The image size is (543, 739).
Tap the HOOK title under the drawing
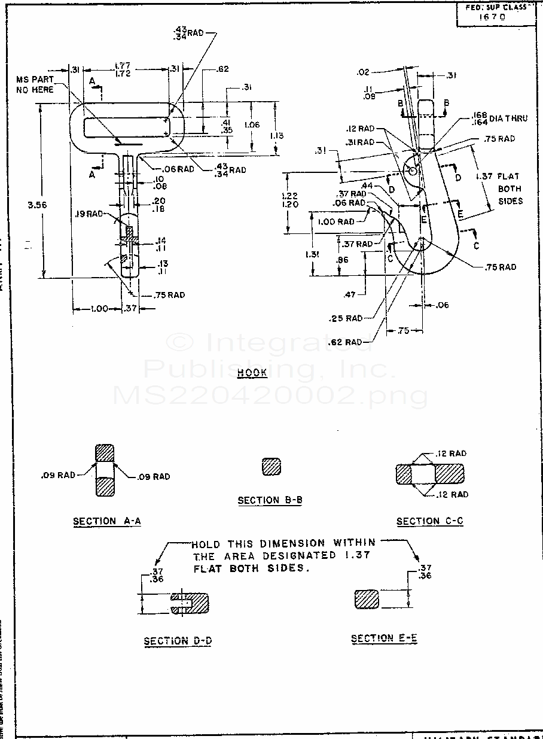pos(252,373)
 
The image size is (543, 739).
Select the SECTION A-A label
pos(107,521)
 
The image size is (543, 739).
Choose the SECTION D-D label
pos(178,641)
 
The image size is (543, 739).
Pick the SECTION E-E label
pos(384,638)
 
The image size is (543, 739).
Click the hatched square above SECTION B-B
pos(271,467)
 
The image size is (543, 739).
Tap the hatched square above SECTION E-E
pos(367,600)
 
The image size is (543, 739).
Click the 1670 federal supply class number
pos(493,17)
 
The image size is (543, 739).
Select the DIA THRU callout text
pos(508,118)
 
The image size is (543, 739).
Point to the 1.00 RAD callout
pos(336,221)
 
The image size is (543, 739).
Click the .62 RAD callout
pos(346,342)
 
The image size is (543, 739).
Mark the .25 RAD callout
pos(346,318)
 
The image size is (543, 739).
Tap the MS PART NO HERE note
pos(35,84)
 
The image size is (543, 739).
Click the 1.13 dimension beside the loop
pos(276,136)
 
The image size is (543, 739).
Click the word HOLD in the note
pos(206,545)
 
